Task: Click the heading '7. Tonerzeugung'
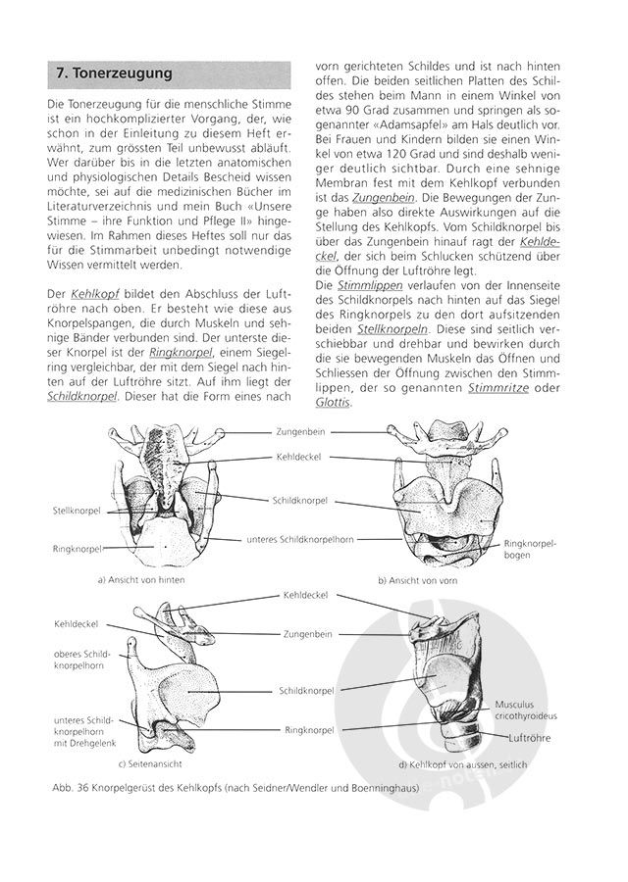tap(113, 73)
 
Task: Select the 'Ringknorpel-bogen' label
tap(530, 549)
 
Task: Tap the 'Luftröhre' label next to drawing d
tap(531, 737)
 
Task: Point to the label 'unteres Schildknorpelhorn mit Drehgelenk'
tap(82, 732)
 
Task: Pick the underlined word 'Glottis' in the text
tap(333, 402)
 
